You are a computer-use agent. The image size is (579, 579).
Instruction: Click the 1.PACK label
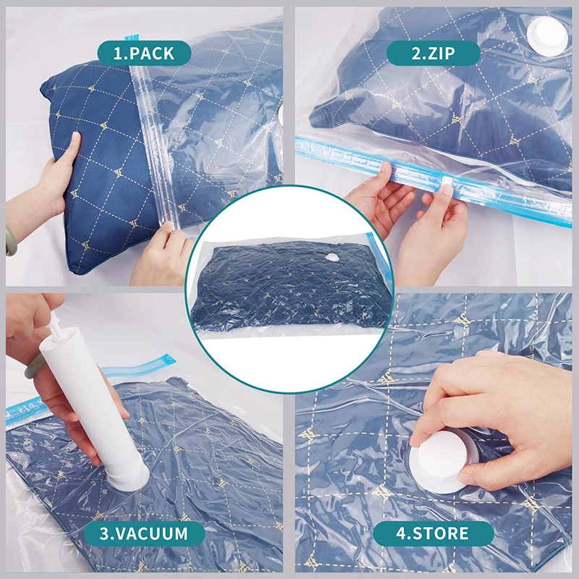coord(145,53)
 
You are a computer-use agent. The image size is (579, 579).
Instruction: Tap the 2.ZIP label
coord(433,53)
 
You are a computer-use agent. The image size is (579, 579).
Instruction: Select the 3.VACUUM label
coord(145,534)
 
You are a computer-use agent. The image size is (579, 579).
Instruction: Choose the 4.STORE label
coord(433,534)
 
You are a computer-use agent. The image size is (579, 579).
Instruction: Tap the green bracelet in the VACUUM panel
coord(33,363)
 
